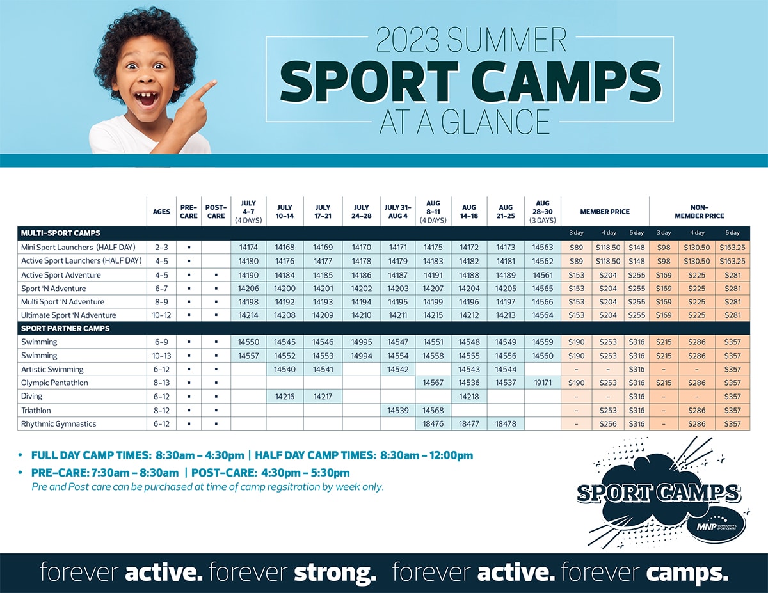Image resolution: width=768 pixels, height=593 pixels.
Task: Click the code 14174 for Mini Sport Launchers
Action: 248,247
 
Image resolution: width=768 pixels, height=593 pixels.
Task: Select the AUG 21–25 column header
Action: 506,212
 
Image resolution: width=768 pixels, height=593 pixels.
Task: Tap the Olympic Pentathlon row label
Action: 54,383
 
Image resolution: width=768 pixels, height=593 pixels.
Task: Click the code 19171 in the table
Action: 543,383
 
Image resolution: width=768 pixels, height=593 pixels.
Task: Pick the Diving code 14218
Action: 468,396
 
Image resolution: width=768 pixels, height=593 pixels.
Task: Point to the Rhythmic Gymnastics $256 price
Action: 607,423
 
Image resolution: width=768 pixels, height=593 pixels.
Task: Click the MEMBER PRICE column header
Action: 605,212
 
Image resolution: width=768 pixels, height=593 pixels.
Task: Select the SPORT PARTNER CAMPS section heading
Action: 65,328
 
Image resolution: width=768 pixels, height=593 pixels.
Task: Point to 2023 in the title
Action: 407,40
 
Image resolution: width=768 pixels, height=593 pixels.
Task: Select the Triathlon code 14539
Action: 397,411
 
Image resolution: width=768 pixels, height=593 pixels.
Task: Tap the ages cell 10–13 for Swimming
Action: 161,356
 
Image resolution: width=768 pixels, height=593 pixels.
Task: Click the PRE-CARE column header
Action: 188,212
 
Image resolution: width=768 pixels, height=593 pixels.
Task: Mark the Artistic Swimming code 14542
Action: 397,369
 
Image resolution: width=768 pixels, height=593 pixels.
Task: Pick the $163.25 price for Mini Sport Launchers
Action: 732,247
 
